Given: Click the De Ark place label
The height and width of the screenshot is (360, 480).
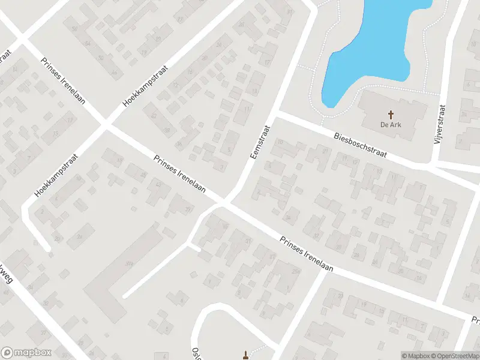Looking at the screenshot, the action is point(390,125).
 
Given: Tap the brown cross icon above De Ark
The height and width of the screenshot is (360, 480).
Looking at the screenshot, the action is point(391,114).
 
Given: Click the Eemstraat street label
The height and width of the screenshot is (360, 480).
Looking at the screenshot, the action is point(259,142).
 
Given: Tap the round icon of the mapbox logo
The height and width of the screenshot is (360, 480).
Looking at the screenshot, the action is point(7,353).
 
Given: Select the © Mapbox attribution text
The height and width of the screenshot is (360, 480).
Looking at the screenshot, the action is point(416,356).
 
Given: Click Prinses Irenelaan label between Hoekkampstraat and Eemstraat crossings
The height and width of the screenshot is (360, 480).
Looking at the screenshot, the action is point(179,175).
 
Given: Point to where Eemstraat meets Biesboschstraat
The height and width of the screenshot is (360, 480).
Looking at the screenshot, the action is point(278,113).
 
